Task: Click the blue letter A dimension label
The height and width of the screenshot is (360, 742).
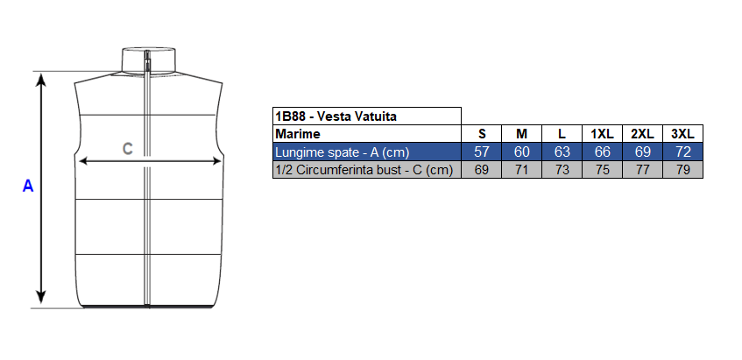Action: [x=28, y=186]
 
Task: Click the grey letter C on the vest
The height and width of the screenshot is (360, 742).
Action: [x=128, y=149]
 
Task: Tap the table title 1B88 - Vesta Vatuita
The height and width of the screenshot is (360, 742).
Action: [x=336, y=116]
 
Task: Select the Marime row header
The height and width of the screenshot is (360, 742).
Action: [x=298, y=134]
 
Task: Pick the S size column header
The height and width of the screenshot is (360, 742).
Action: [x=481, y=134]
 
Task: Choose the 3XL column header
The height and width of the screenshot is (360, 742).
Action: [x=682, y=134]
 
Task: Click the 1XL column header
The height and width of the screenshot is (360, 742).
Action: [x=602, y=134]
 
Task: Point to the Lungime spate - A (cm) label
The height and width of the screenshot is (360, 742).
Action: [x=343, y=152]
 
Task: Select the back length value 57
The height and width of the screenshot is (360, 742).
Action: [x=481, y=152]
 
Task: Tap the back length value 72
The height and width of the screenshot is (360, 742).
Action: [x=682, y=152]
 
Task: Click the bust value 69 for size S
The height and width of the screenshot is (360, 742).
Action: [x=481, y=170]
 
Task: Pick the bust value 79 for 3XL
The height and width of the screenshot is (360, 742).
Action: [x=682, y=170]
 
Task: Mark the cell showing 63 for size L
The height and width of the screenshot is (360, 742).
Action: [x=562, y=152]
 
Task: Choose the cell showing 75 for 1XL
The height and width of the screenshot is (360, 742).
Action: [x=602, y=170]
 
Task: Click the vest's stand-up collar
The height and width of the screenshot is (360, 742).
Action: [x=149, y=60]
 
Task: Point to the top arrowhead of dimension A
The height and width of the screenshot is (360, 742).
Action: [x=42, y=79]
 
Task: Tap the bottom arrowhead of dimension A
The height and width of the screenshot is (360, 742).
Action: [x=42, y=297]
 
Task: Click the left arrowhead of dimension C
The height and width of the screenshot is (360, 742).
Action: [x=84, y=161]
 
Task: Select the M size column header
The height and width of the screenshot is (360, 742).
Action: [x=521, y=134]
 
